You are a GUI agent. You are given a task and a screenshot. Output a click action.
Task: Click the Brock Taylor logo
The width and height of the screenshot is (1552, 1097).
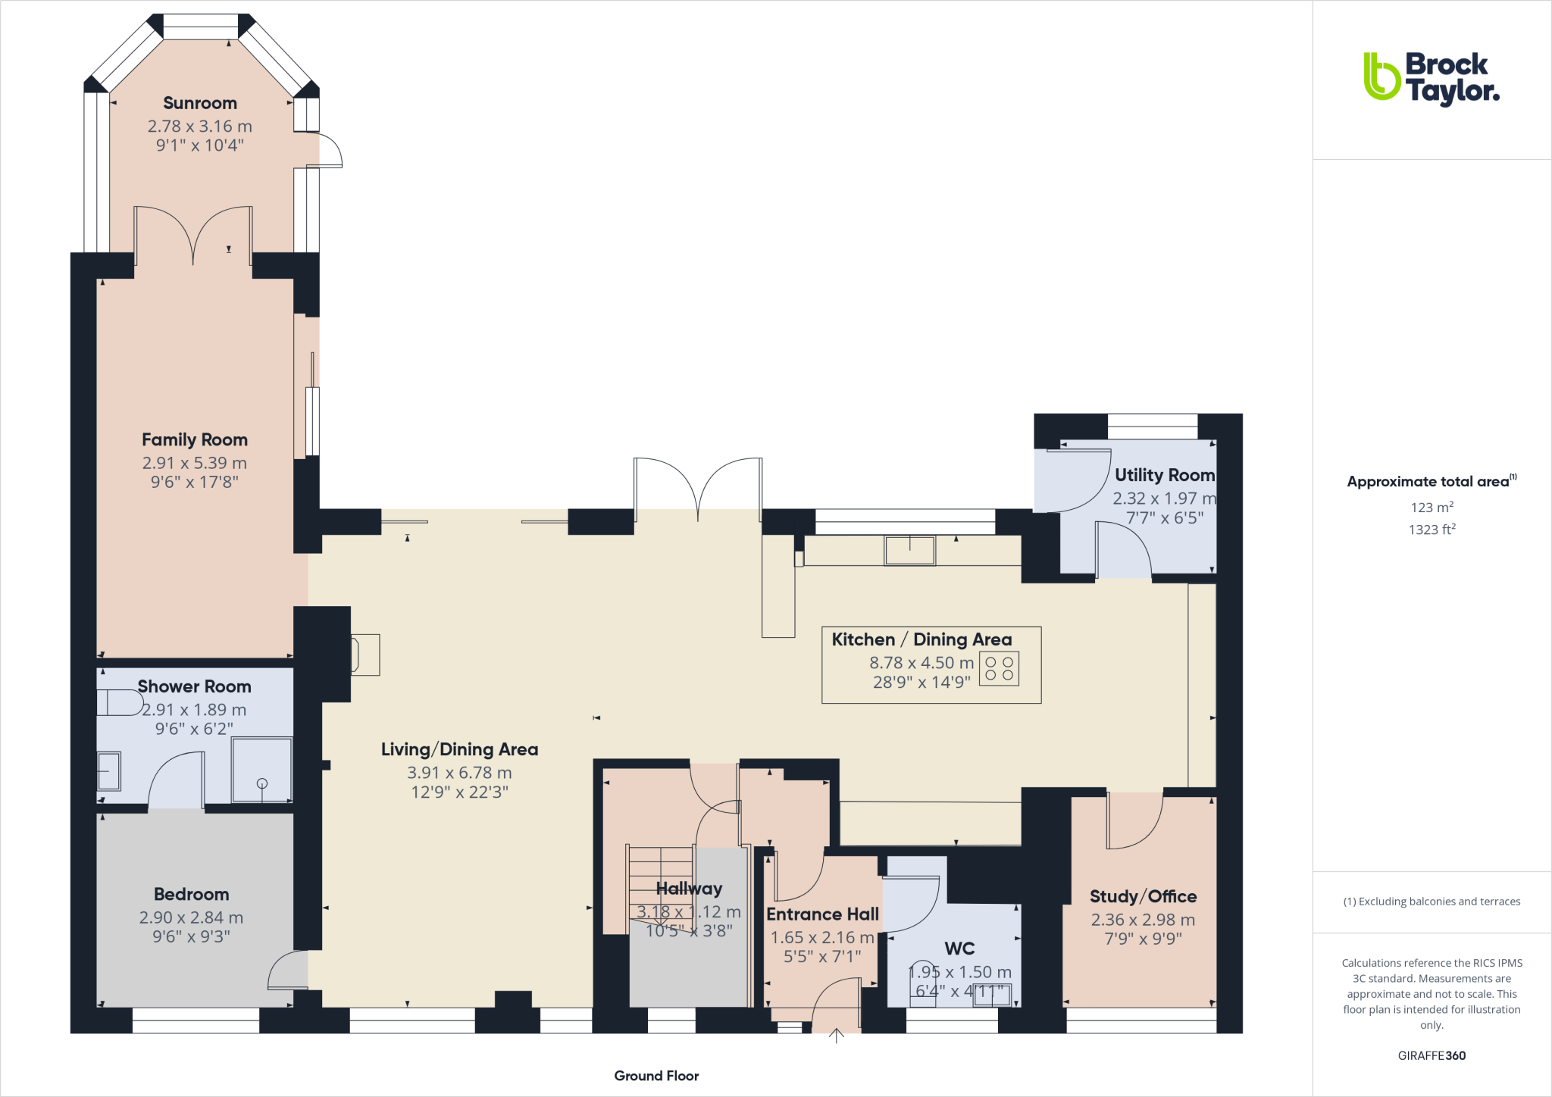1431,77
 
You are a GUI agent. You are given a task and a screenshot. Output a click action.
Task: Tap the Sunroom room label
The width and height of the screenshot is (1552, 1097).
200,103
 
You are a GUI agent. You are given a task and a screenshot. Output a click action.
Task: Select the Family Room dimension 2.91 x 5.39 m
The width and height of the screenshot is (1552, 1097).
195,463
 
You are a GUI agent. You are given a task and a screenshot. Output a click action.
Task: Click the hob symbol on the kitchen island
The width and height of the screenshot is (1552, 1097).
999,668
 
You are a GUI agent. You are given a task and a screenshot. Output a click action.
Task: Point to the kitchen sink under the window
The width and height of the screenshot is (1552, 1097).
909,549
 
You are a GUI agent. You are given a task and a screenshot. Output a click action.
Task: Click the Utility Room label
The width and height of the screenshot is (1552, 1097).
1164,475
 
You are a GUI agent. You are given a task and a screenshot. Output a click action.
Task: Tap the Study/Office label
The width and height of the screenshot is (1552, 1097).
1143,896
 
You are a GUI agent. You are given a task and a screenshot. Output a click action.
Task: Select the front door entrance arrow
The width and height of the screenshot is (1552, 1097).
836,1035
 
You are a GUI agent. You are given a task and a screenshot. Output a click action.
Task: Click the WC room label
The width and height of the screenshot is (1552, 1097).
959,949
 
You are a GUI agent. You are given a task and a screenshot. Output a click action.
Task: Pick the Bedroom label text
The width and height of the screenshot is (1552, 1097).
191,894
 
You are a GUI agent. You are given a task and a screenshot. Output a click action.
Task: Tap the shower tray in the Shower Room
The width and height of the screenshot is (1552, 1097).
261,769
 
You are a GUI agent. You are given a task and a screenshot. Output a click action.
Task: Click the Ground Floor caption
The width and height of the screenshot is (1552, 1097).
656,1076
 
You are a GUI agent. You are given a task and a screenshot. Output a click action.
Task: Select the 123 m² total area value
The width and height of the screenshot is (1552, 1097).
1432,507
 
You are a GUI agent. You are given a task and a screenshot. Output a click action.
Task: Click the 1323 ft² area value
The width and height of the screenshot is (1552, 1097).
1432,530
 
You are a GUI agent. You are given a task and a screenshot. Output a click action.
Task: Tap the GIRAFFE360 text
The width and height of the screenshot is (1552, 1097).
1432,1055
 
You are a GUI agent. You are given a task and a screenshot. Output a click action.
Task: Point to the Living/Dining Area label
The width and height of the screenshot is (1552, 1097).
459,749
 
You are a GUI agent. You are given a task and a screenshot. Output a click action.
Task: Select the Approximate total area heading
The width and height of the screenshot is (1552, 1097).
1429,482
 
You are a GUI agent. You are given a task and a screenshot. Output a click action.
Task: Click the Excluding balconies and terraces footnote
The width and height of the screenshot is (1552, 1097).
1432,902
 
